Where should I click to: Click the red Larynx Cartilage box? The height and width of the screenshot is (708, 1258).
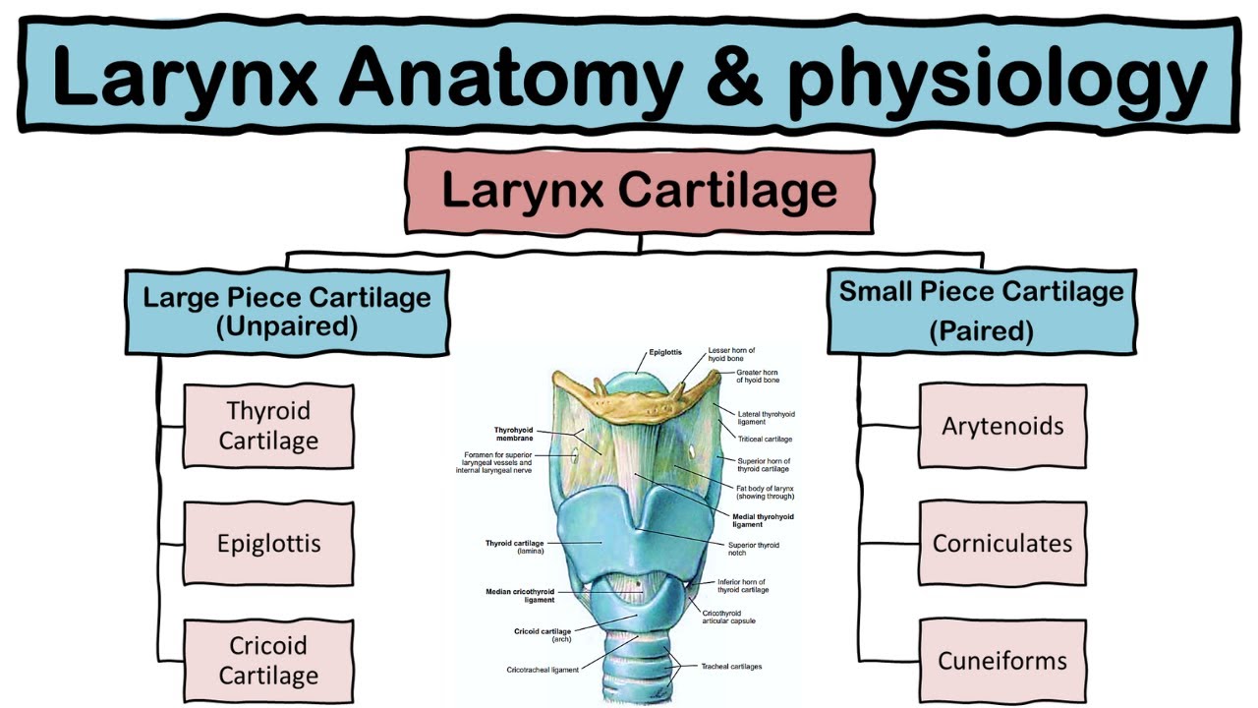pos(640,191)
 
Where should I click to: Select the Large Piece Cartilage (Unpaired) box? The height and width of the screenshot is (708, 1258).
pos(287,311)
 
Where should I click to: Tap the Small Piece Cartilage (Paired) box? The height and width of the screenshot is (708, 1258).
pos(981,311)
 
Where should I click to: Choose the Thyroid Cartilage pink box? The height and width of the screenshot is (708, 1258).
pos(268,426)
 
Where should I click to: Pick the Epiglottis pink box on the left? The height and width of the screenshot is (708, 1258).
pos(268,544)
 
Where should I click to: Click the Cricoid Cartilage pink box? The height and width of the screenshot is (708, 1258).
pos(268,661)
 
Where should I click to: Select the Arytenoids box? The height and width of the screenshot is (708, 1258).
pos(1002,426)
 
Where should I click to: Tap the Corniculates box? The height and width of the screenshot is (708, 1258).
pos(1002,544)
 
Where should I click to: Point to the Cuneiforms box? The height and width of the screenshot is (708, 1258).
pos(1002,661)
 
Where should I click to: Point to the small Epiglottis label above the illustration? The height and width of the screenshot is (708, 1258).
pos(664,352)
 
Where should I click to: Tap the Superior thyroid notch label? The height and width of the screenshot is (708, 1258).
pos(753,549)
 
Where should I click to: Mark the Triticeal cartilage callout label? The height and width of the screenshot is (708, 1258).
pos(765,439)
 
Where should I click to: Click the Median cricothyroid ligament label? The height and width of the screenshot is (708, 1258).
pos(520,595)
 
